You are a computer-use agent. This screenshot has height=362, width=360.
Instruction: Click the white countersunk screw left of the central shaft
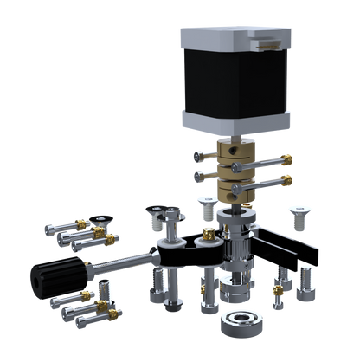tap(206, 206)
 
